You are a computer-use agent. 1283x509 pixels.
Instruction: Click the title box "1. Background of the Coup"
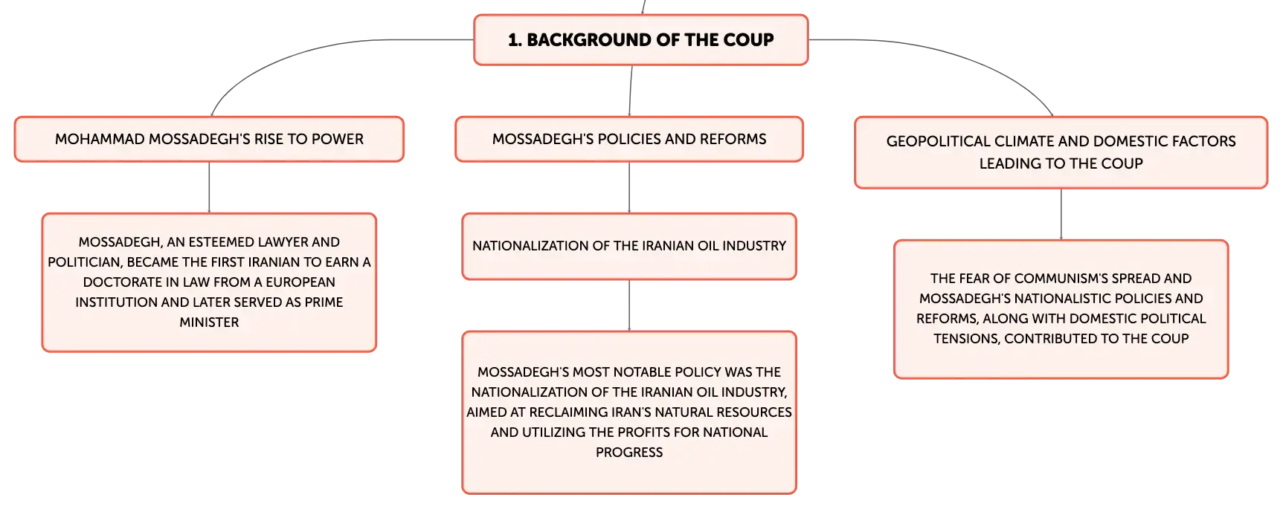click(x=640, y=40)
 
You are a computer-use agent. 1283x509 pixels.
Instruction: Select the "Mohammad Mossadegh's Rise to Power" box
click(x=209, y=139)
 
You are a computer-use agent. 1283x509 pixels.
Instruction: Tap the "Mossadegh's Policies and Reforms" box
click(x=629, y=139)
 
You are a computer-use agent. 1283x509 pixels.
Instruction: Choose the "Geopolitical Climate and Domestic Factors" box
click(x=1061, y=152)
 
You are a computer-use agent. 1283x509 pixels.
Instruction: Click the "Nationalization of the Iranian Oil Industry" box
click(x=629, y=247)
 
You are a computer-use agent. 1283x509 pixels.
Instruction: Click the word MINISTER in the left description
click(x=209, y=322)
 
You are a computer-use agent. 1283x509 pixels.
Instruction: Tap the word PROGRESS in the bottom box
click(x=629, y=453)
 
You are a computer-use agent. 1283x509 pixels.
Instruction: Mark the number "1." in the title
click(x=515, y=40)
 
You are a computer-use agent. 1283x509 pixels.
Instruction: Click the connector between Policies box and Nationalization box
click(x=629, y=187)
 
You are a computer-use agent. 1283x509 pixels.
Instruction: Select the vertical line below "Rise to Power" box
click(x=209, y=187)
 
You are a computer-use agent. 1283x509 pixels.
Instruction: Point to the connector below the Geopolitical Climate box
click(x=1061, y=214)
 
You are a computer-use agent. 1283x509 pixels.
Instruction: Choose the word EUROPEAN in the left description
click(x=300, y=282)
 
